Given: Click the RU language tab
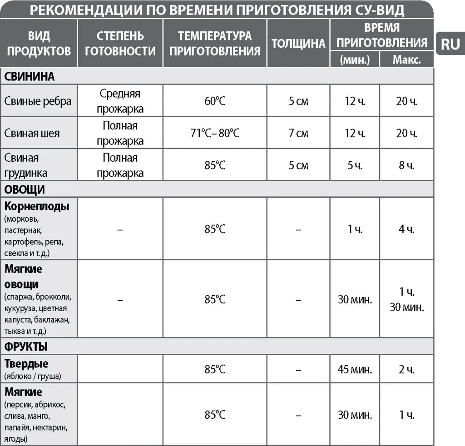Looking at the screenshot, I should pyautogui.click(x=450, y=44).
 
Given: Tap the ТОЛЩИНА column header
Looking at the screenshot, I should pyautogui.click(x=298, y=43).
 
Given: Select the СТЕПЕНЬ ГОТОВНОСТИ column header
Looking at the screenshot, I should pyautogui.click(x=120, y=43).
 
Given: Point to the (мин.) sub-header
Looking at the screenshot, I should pyautogui.click(x=355, y=60).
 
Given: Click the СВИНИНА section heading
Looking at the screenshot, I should pyautogui.click(x=30, y=76).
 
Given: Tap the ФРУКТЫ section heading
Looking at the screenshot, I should pyautogui.click(x=26, y=347).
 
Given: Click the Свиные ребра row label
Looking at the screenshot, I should pyautogui.click(x=38, y=101).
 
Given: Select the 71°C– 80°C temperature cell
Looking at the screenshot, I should pyautogui.click(x=215, y=133).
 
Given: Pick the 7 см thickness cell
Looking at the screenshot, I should pyautogui.click(x=298, y=133).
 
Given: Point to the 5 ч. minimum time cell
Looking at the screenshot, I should pyautogui.click(x=355, y=165).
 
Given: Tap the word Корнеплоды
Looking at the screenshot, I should pyautogui.click(x=37, y=206).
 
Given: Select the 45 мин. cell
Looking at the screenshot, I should pyautogui.click(x=355, y=369).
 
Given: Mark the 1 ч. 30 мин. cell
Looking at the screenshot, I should pyautogui.click(x=406, y=299).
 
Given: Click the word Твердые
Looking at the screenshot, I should pyautogui.click(x=26, y=364).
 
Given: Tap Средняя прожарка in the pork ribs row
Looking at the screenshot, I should pyautogui.click(x=120, y=101).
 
